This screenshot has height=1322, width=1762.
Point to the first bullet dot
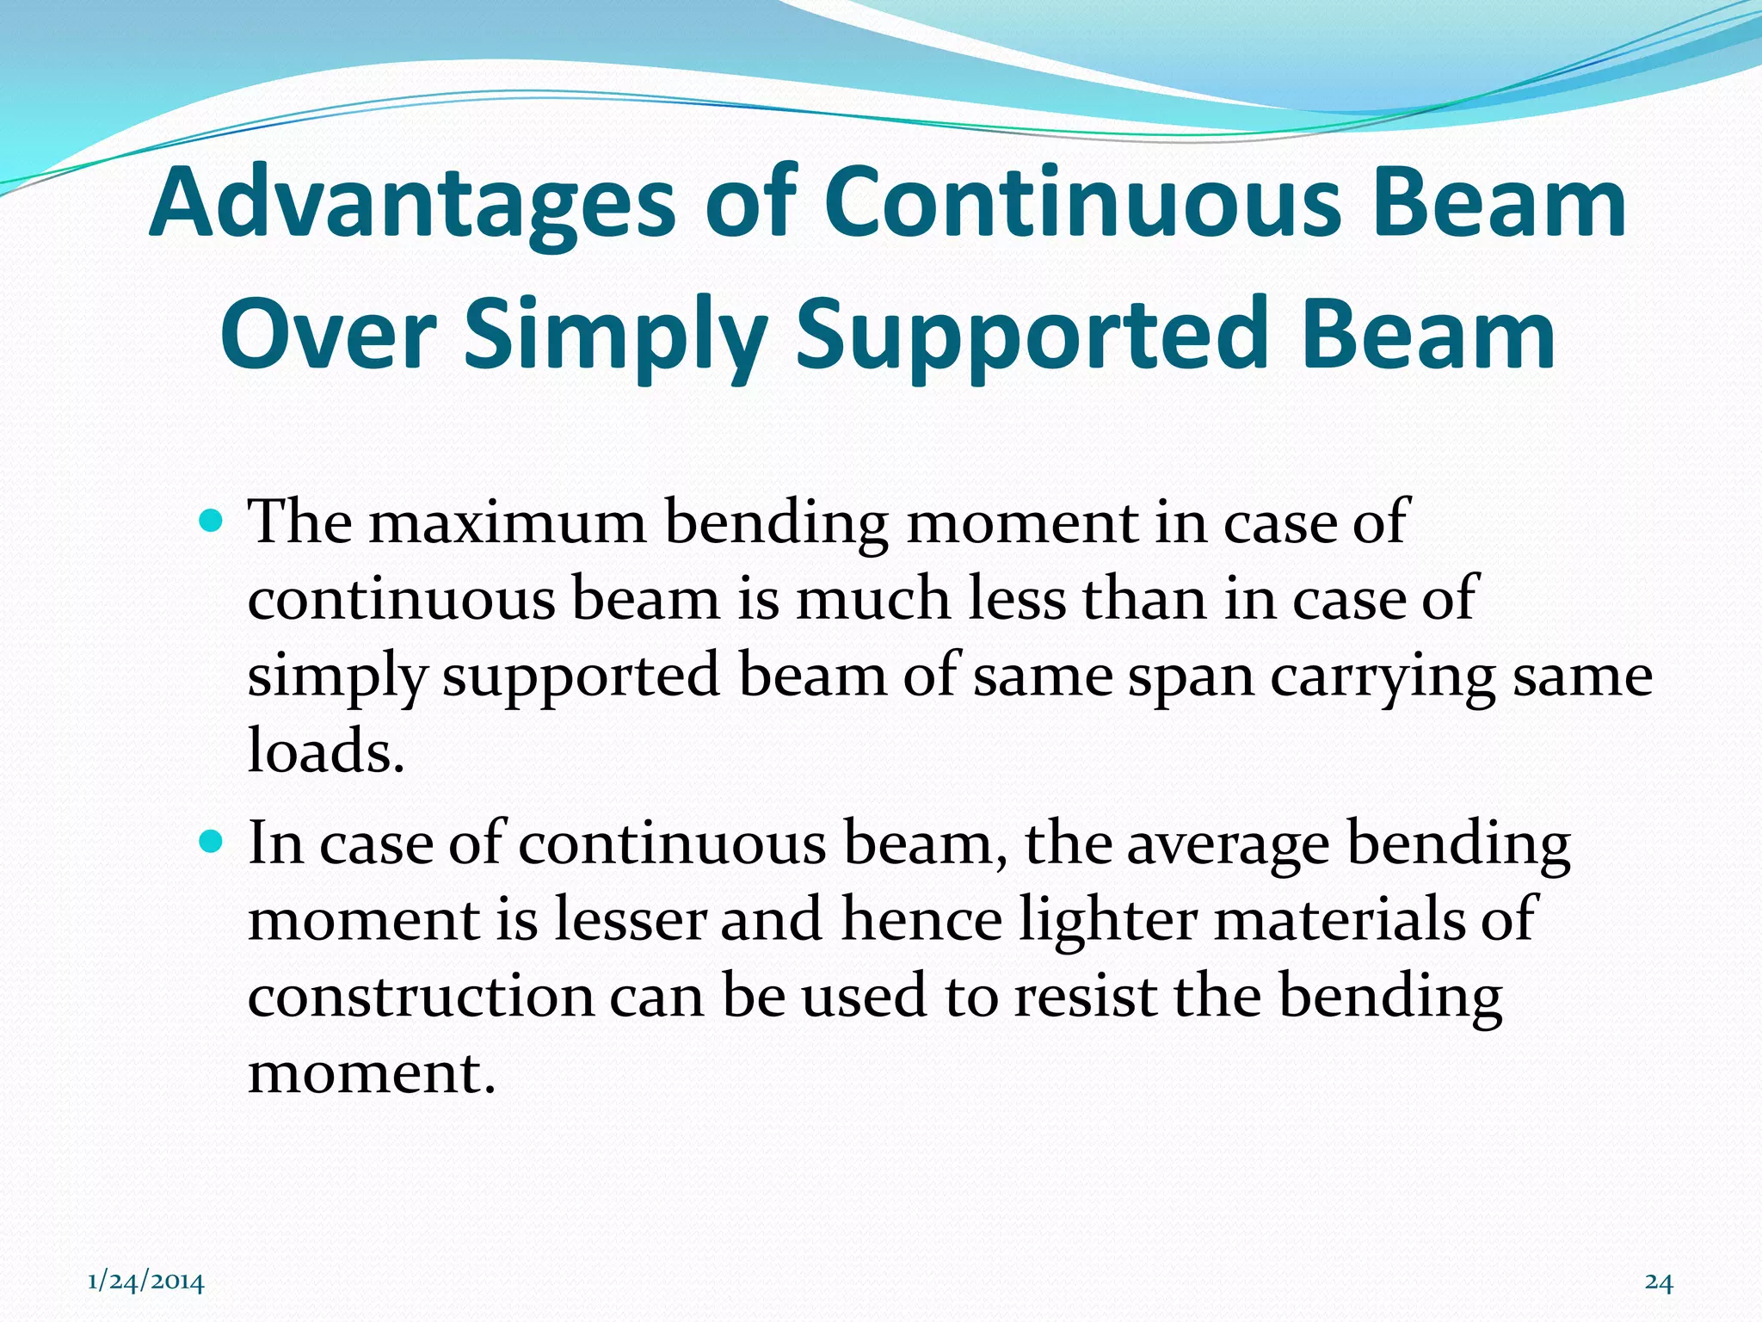pyautogui.click(x=211, y=522)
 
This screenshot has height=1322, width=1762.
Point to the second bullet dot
pyautogui.click(x=211, y=841)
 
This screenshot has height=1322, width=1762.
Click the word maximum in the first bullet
pyautogui.click(x=508, y=523)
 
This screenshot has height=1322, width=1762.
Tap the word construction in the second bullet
pyautogui.click(x=421, y=997)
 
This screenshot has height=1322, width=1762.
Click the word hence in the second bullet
pyautogui.click(x=921, y=919)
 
